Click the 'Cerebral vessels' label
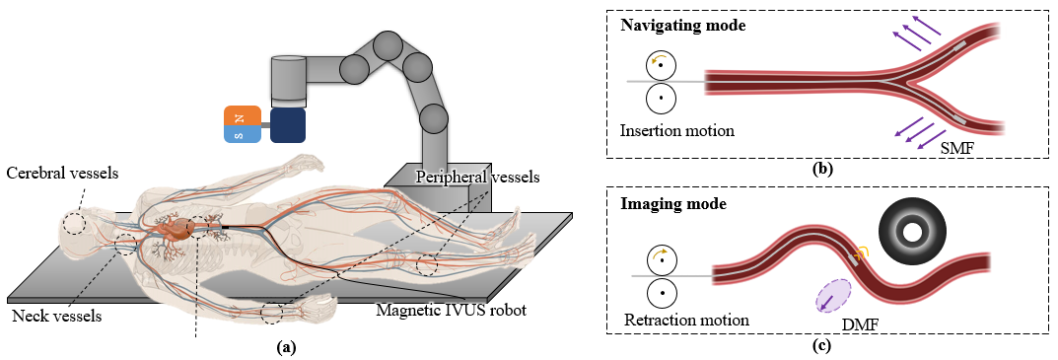[x=62, y=174]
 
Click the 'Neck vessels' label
[x=56, y=317]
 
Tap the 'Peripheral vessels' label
[x=478, y=178]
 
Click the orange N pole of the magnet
[x=243, y=116]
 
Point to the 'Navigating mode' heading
[x=682, y=25]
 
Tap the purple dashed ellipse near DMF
[x=834, y=296]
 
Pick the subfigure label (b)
[x=823, y=169]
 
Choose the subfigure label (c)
[x=822, y=345]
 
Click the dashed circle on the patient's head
[x=74, y=223]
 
